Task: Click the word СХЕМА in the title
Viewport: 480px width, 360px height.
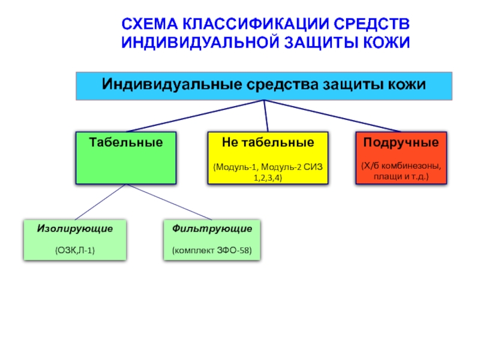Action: [x=149, y=24]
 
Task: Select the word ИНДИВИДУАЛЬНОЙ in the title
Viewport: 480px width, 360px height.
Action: [x=200, y=42]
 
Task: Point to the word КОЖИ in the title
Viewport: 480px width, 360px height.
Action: [x=386, y=42]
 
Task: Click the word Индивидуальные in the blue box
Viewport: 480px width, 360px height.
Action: [x=172, y=84]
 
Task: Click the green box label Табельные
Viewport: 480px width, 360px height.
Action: [x=126, y=142]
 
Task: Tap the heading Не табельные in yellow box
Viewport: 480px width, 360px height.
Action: [x=268, y=142]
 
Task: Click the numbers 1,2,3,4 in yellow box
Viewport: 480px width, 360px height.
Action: [x=268, y=178]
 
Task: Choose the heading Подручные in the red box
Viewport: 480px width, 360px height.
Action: [x=401, y=143]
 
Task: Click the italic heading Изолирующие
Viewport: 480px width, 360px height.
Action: [x=75, y=229]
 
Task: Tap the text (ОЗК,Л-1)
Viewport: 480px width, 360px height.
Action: [x=75, y=250]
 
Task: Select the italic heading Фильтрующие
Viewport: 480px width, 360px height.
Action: [x=212, y=229]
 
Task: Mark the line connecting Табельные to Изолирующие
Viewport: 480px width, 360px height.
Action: [x=100, y=202]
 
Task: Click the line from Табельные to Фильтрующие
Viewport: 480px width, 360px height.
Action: [x=169, y=202]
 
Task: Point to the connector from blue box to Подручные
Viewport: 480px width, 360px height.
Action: [x=332, y=116]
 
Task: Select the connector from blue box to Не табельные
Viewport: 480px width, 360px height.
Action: [x=266, y=116]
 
